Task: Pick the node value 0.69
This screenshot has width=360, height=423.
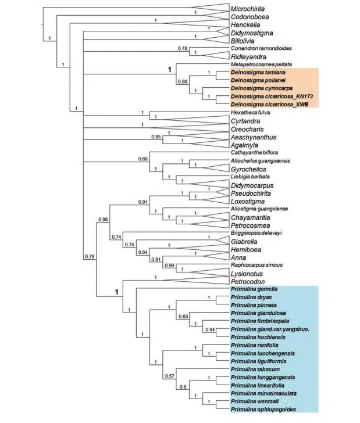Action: click(142, 158)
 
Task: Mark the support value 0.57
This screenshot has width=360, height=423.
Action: click(170, 375)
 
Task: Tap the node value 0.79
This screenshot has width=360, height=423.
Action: click(90, 256)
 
